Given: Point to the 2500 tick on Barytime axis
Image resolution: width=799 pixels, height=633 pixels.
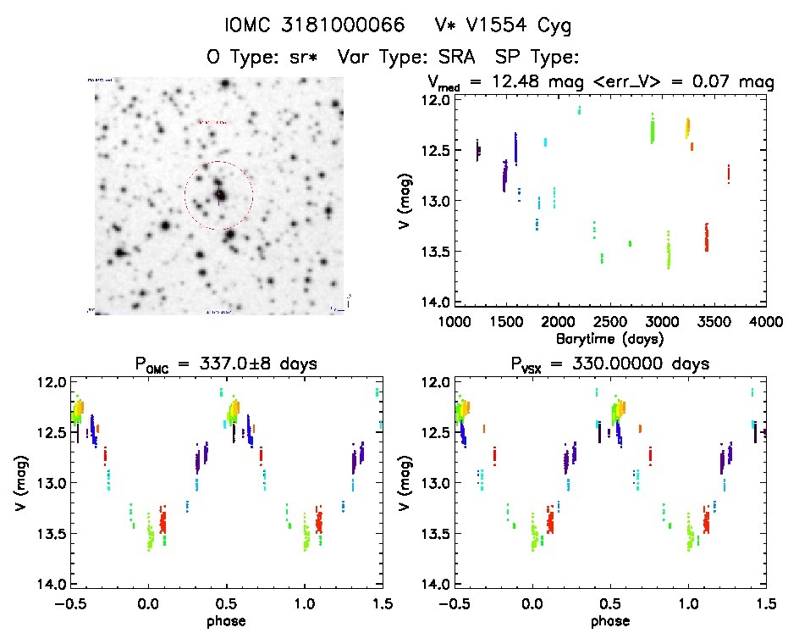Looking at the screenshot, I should [610, 322].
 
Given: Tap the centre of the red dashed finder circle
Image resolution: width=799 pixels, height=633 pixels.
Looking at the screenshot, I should [218, 196].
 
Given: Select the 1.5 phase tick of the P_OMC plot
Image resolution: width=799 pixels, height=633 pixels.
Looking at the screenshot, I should [382, 603].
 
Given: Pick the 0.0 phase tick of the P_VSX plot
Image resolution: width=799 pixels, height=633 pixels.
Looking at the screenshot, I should [532, 603].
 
